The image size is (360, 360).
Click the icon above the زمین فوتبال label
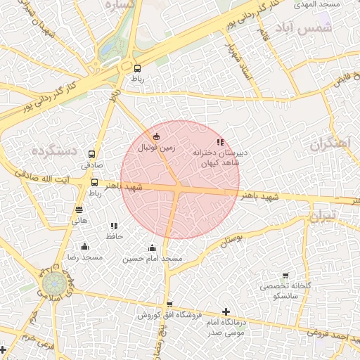[156, 136]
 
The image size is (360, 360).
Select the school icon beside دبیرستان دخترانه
[220, 142]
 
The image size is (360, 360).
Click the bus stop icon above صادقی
[91, 154]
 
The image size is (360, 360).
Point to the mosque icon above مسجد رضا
[84, 246]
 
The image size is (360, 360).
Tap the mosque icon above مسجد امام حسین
[152, 247]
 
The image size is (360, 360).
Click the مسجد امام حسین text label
[152, 259]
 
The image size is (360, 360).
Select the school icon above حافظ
[114, 226]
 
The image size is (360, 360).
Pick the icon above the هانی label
[79, 209]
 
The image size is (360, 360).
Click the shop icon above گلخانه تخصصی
[285, 276]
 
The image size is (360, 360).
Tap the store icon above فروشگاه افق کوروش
[169, 304]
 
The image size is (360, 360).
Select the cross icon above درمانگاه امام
[225, 311]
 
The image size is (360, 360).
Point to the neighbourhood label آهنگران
[328, 144]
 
